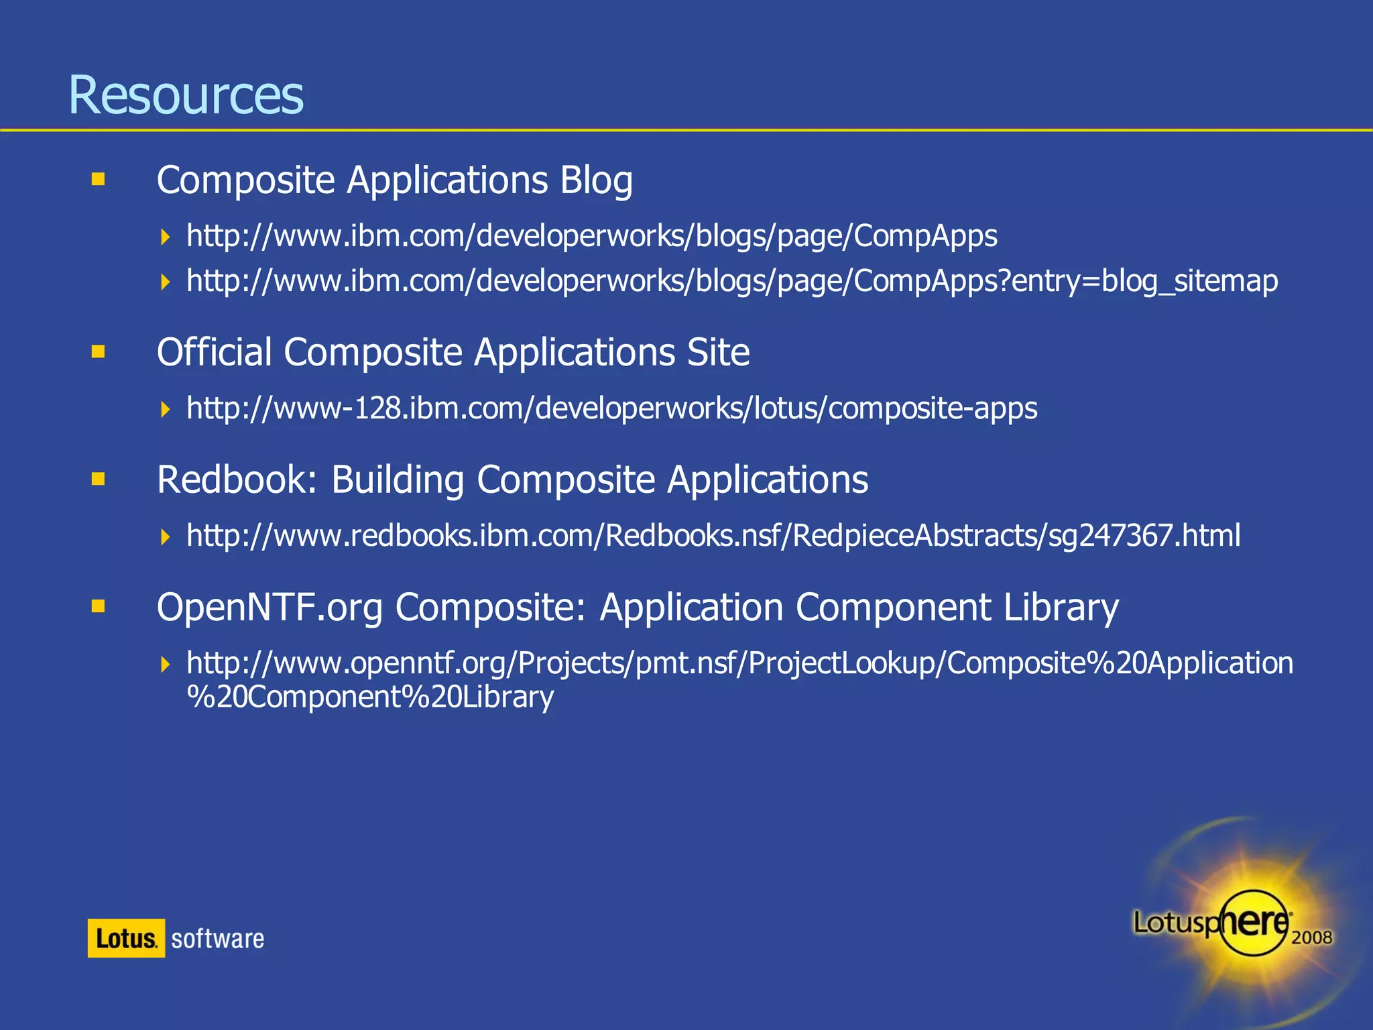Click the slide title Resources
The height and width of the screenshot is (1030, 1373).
click(x=186, y=95)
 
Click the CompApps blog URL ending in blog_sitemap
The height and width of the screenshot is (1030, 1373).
click(x=732, y=281)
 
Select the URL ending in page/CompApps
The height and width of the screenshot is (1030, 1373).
click(x=592, y=236)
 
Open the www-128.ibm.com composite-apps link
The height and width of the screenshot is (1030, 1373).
click(x=611, y=408)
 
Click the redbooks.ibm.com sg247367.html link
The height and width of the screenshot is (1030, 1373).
click(x=713, y=536)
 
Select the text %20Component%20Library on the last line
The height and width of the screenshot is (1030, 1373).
click(x=370, y=697)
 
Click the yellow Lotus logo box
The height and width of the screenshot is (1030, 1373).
click(x=126, y=938)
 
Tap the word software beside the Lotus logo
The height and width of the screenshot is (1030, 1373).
click(x=217, y=939)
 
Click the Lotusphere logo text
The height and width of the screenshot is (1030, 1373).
click(x=1211, y=923)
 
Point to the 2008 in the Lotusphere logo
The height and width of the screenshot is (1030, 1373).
click(x=1311, y=937)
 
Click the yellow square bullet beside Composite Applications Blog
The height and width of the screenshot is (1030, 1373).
click(x=99, y=179)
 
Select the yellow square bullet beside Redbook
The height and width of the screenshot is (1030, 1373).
click(x=99, y=479)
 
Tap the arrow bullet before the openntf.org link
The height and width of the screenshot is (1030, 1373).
click(x=166, y=665)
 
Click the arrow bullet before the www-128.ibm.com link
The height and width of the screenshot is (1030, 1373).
click(x=166, y=409)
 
